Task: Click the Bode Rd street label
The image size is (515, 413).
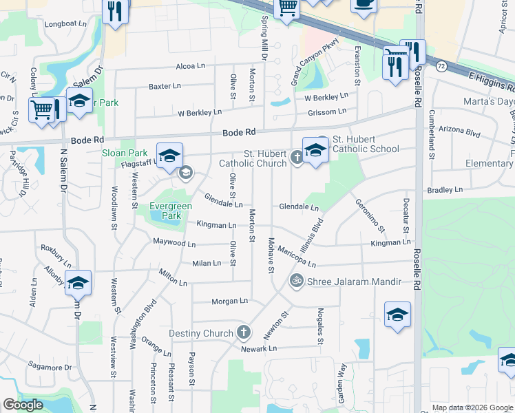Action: pos(239,132)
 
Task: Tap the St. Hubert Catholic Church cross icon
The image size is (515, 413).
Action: pos(297,158)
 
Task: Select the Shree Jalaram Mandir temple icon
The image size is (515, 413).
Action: pos(297,281)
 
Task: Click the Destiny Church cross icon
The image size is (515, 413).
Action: pos(242,333)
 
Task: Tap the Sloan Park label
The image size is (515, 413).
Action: pos(125,153)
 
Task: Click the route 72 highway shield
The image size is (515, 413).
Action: pos(441,65)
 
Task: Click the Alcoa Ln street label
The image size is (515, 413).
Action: pos(191,67)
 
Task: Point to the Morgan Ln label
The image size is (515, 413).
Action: pos(229,301)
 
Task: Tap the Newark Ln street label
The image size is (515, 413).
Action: pos(258,349)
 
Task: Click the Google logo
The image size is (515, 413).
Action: pos(23,405)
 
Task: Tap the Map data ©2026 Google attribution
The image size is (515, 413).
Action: pos(472,407)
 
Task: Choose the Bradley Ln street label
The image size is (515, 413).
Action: pos(445,189)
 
